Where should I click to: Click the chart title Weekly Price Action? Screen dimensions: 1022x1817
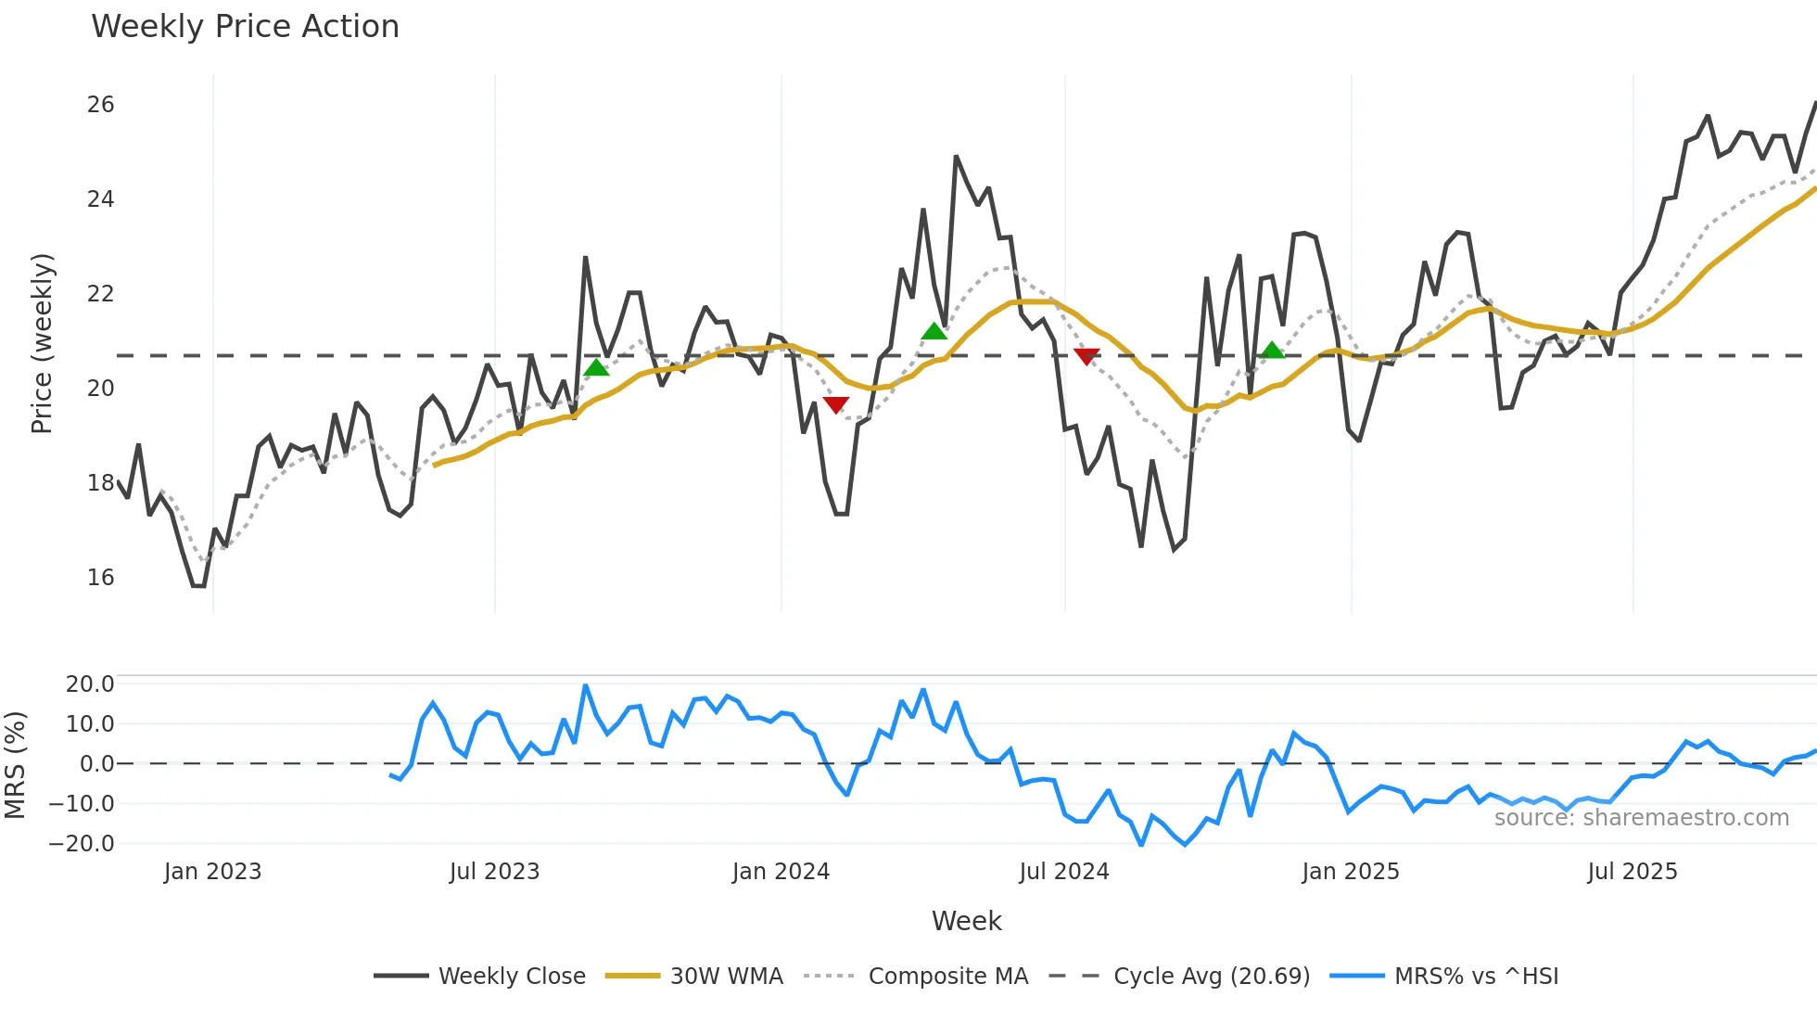point(245,26)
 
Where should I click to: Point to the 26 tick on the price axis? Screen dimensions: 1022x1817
point(100,105)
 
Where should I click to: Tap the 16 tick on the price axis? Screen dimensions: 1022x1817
point(100,577)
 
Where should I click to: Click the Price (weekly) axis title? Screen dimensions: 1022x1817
point(42,343)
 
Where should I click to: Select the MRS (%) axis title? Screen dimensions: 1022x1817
point(15,765)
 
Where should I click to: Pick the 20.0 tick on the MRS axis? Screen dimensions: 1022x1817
point(90,684)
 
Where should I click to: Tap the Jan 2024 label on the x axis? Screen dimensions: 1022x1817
point(781,872)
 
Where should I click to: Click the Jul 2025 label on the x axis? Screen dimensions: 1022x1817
point(1632,872)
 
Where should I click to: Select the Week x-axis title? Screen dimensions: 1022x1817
point(966,921)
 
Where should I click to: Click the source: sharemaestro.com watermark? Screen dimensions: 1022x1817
point(1641,817)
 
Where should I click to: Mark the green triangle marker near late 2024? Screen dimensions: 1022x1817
point(1273,351)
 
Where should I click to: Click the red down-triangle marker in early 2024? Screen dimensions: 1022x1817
point(836,404)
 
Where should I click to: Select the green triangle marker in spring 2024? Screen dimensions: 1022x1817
point(934,331)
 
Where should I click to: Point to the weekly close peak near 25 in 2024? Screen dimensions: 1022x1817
point(956,157)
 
